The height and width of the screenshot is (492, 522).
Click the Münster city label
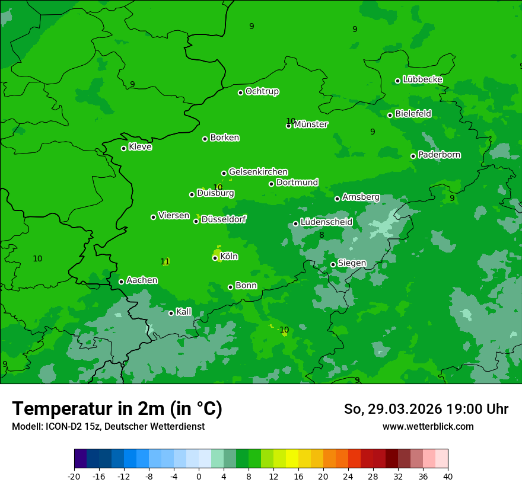click(x=311, y=124)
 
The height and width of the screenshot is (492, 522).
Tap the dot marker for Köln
click(x=215, y=258)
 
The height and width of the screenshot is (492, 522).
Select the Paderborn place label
click(x=439, y=155)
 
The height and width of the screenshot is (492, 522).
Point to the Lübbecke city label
click(x=422, y=79)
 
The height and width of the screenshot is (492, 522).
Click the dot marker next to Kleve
click(x=123, y=148)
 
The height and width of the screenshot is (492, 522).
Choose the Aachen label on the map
click(x=142, y=280)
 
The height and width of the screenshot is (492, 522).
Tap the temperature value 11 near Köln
click(x=165, y=261)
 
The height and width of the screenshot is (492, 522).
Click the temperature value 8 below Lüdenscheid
click(x=322, y=235)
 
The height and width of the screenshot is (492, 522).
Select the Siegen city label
click(x=352, y=263)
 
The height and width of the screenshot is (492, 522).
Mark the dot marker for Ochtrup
click(x=240, y=92)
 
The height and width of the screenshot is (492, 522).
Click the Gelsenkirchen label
click(x=258, y=172)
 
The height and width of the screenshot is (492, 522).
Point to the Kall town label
click(x=183, y=312)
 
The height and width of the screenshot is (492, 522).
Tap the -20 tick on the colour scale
click(x=74, y=476)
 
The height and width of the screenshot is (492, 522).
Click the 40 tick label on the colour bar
click(x=448, y=476)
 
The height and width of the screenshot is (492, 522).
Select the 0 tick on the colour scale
click(x=199, y=476)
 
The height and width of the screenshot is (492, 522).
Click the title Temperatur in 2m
click(x=117, y=408)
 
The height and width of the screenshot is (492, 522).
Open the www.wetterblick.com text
click(x=428, y=426)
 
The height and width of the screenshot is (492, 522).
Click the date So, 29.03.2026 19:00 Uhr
click(x=426, y=409)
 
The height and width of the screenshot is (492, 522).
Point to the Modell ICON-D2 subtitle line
click(x=108, y=426)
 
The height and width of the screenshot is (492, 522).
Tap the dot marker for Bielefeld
click(x=390, y=115)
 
